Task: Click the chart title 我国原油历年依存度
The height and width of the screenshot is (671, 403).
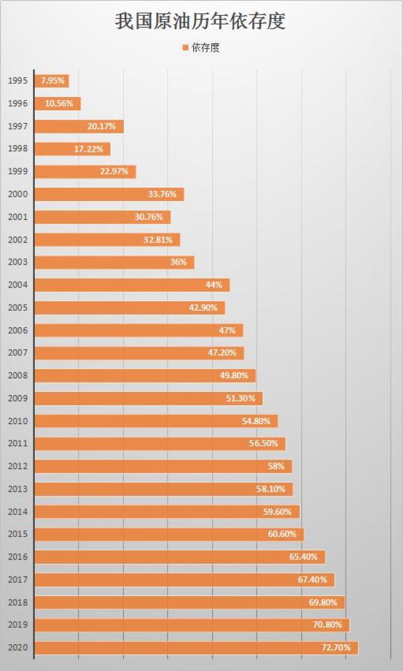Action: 201,23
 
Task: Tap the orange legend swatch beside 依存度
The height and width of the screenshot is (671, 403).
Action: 185,48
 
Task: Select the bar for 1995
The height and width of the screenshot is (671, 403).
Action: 52,81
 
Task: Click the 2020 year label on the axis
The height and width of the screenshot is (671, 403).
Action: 18,648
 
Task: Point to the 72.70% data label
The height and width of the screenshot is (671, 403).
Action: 336,648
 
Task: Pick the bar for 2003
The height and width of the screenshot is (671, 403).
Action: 114,263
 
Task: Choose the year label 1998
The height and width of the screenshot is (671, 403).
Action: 18,149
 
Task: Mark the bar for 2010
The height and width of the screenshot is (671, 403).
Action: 156,421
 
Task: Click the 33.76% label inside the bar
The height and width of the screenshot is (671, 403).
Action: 162,194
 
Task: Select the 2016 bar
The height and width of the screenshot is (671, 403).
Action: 180,557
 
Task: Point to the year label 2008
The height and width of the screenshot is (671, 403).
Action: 18,375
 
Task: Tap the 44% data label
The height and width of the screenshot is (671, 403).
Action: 214,285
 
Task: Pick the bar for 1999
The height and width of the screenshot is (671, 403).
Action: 85,172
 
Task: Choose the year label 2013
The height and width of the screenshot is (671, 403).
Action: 18,489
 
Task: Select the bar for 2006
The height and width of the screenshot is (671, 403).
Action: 139,330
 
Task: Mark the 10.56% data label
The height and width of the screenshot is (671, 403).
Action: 59,104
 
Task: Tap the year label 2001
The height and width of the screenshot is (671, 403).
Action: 18,217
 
